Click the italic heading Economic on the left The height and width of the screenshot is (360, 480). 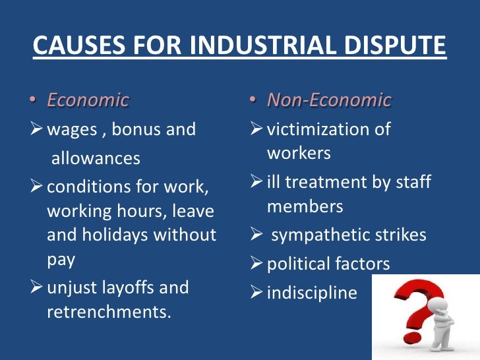[88, 100]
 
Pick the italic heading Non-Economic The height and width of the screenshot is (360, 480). [328, 100]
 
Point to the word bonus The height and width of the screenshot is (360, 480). [136, 129]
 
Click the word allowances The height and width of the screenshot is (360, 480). [96, 158]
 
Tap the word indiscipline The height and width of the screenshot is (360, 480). [312, 293]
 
